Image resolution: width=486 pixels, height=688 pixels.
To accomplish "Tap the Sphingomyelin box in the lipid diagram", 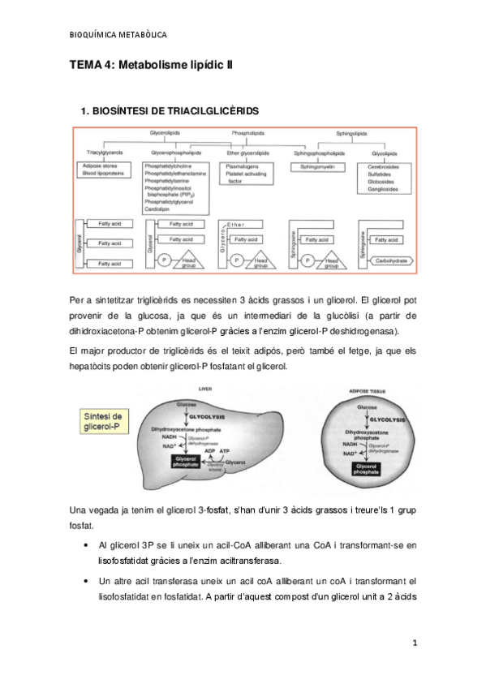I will point(311,166).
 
